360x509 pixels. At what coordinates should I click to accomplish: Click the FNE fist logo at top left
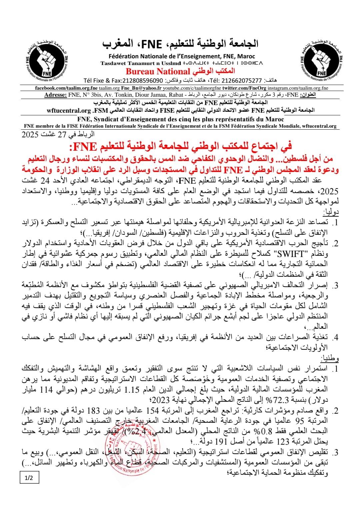pyautogui.click(x=45, y=60)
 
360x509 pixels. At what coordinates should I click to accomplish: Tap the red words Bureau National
pyautogui.click(x=158, y=71)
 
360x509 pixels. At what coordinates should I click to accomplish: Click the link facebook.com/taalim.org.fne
pyautogui.click(x=66, y=88)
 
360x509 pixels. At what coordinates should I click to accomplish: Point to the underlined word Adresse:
pyautogui.click(x=55, y=95)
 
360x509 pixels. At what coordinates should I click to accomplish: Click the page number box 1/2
pyautogui.click(x=29, y=478)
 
